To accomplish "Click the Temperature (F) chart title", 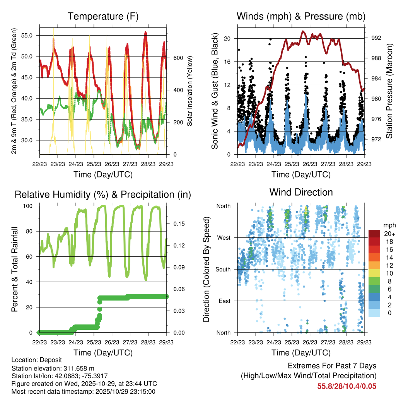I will pos(103,16).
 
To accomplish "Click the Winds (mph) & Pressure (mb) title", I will pos(301,16).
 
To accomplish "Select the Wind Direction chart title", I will pos(301,192).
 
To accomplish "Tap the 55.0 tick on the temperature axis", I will pos(31,35).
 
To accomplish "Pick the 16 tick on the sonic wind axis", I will pos(228,61).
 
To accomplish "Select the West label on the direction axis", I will pos(224,237).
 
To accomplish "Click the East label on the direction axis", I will pos(224,301).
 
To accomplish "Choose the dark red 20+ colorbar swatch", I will pos(375,234).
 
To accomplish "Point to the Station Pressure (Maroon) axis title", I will pos(390,90).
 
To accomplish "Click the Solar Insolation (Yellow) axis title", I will pos(190,90).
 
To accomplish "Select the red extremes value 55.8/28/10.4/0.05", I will pos(346,386).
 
